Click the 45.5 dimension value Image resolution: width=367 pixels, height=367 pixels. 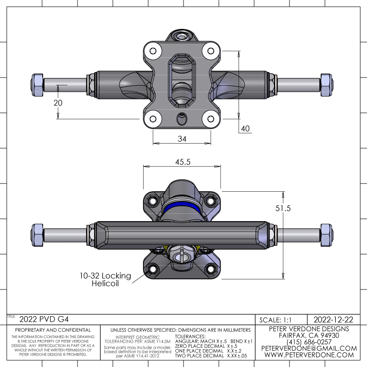[x=183, y=162]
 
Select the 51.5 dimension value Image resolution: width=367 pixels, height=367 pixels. [x=283, y=208]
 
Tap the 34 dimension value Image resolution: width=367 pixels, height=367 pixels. [x=182, y=139]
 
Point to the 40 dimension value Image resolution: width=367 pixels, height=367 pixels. [x=245, y=128]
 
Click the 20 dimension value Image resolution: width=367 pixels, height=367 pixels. [x=58, y=103]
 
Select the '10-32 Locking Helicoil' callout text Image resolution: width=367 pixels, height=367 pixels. [x=106, y=279]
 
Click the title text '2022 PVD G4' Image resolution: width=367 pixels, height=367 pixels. [x=44, y=319]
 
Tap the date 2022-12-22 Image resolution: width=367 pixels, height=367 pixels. [x=334, y=319]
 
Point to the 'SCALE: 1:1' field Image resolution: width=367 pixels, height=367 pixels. [x=276, y=320]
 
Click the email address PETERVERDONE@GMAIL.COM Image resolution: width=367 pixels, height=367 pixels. [x=309, y=348]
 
